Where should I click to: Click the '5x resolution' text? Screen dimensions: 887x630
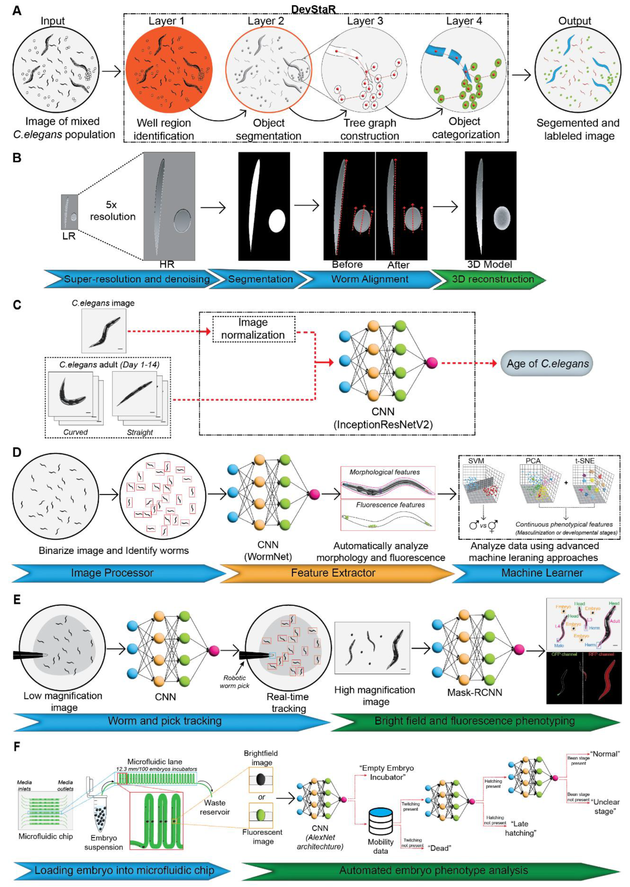pos(112,211)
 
